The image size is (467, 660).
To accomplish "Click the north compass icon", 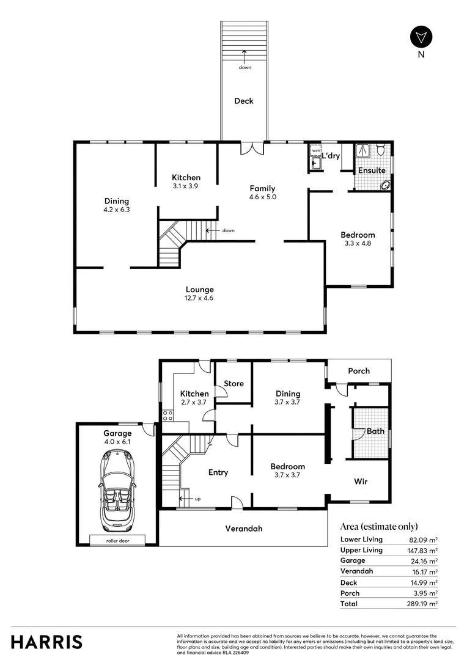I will [x=421, y=37].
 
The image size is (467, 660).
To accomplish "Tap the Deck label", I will [x=244, y=101].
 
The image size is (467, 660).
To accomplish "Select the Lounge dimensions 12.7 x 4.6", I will [x=200, y=298].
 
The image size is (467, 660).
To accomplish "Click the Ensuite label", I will [x=372, y=170].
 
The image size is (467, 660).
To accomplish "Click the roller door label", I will [x=117, y=540].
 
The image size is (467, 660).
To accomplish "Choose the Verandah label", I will [x=244, y=528].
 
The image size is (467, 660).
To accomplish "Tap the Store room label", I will [x=233, y=384].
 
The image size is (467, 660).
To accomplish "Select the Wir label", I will [x=361, y=482].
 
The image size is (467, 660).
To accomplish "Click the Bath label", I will [x=375, y=431].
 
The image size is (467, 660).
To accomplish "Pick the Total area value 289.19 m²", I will [x=424, y=604].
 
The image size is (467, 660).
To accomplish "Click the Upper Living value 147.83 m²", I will [x=424, y=550].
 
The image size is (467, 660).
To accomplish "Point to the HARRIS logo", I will [x=46, y=642].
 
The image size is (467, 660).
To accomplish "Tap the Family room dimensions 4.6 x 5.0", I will [x=262, y=197].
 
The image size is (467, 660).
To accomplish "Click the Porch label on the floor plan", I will [x=359, y=371].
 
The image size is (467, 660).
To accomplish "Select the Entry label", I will [x=218, y=472].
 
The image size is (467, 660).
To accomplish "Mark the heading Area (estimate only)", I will [x=379, y=526].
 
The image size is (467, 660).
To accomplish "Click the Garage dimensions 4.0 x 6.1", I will [x=117, y=442].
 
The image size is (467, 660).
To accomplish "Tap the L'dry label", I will [x=331, y=156].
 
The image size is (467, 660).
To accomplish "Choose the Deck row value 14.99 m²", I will [x=424, y=582].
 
